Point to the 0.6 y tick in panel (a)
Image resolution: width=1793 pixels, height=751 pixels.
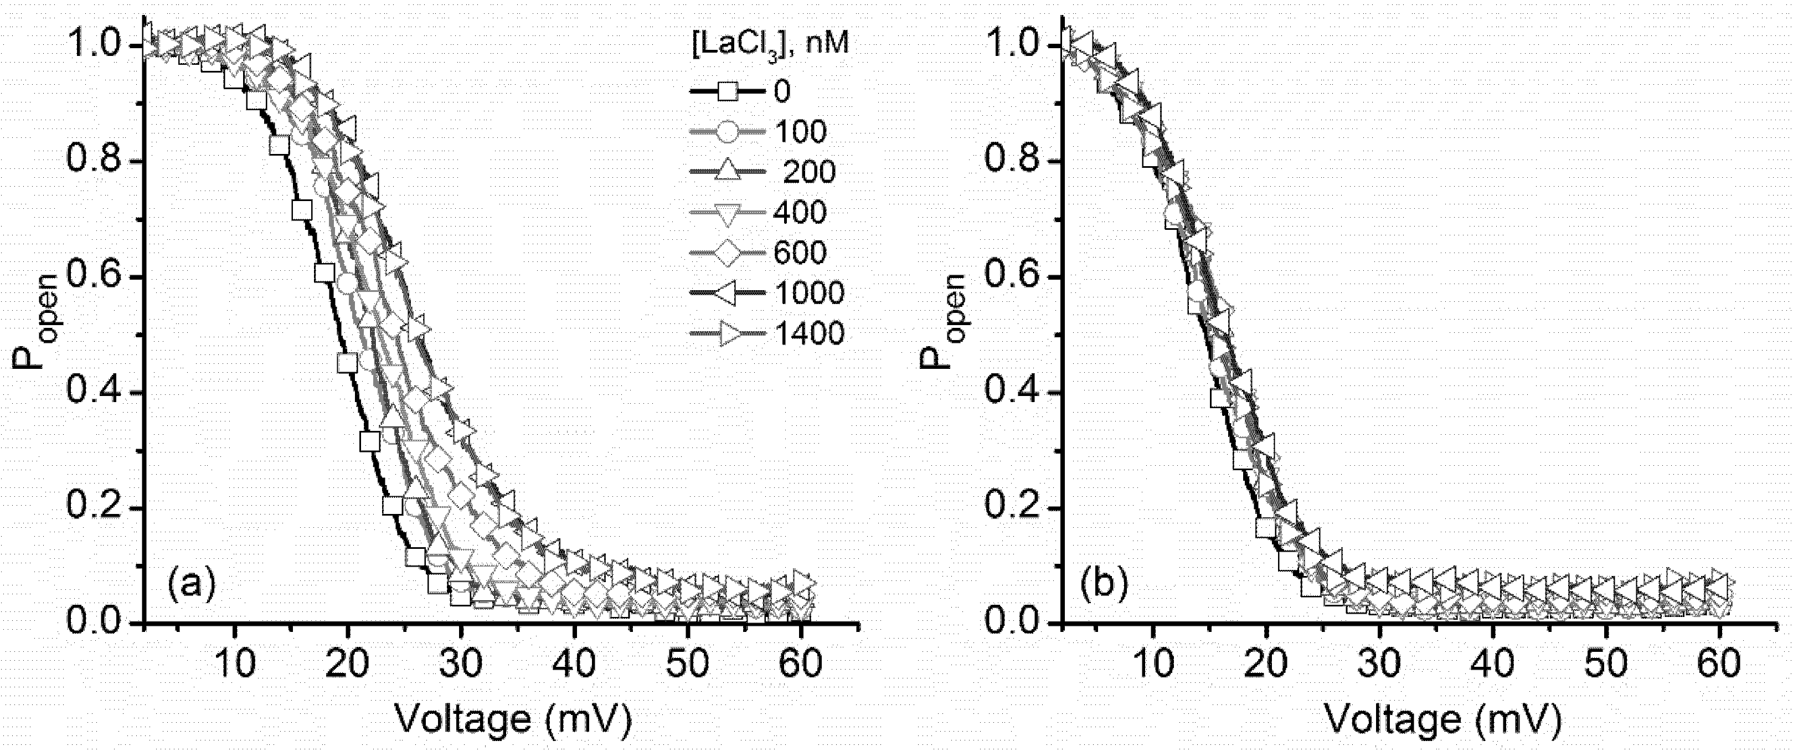(x=97, y=277)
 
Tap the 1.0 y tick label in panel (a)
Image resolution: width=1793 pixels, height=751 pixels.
(x=97, y=47)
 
